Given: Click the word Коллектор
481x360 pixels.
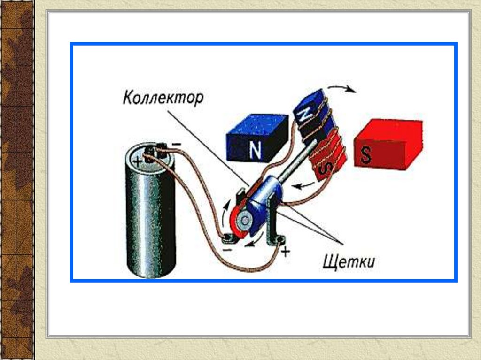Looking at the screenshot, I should [x=163, y=99].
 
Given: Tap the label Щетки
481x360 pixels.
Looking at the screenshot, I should [x=349, y=260].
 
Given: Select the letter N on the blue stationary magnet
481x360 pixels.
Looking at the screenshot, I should [x=255, y=150].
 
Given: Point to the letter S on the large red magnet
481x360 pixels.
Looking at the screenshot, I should [x=366, y=155].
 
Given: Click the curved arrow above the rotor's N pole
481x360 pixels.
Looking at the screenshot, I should [x=341, y=89].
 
